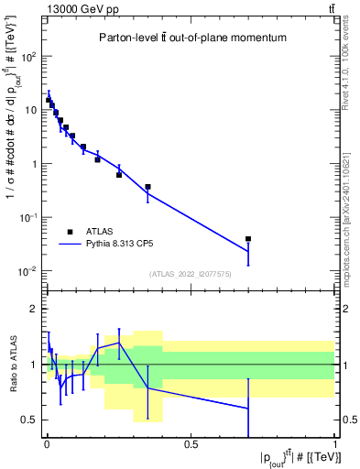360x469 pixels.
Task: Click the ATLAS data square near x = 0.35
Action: tap(147, 187)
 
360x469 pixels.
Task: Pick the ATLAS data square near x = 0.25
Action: tap(119, 175)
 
